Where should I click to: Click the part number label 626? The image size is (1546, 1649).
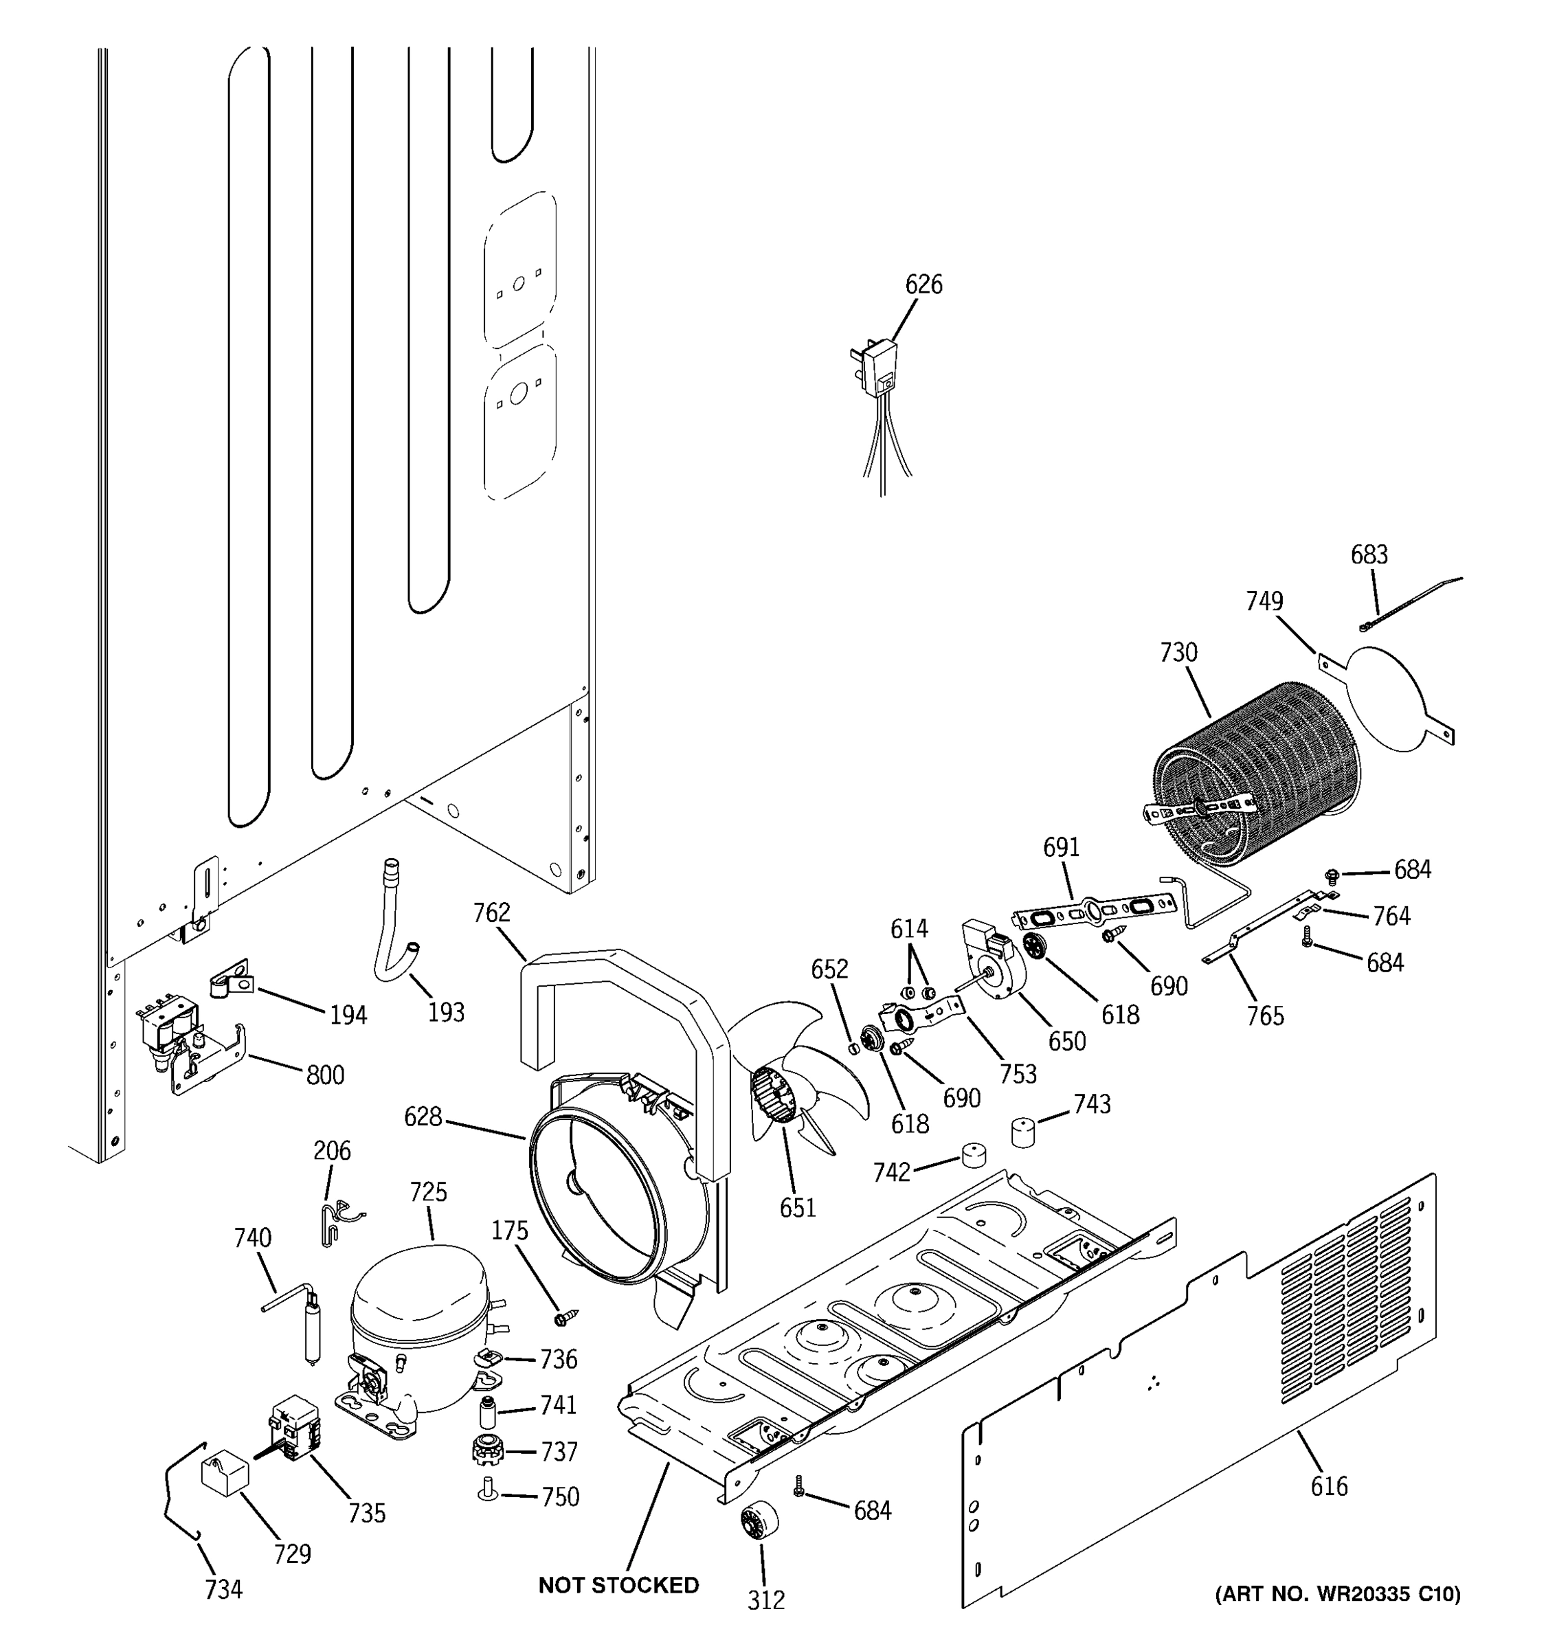coord(923,284)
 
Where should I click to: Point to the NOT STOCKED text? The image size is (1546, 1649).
coord(618,1584)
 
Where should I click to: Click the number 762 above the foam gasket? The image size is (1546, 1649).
coord(491,912)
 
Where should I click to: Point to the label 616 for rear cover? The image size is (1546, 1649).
coord(1329,1485)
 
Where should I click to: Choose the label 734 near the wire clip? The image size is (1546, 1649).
coord(223,1589)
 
